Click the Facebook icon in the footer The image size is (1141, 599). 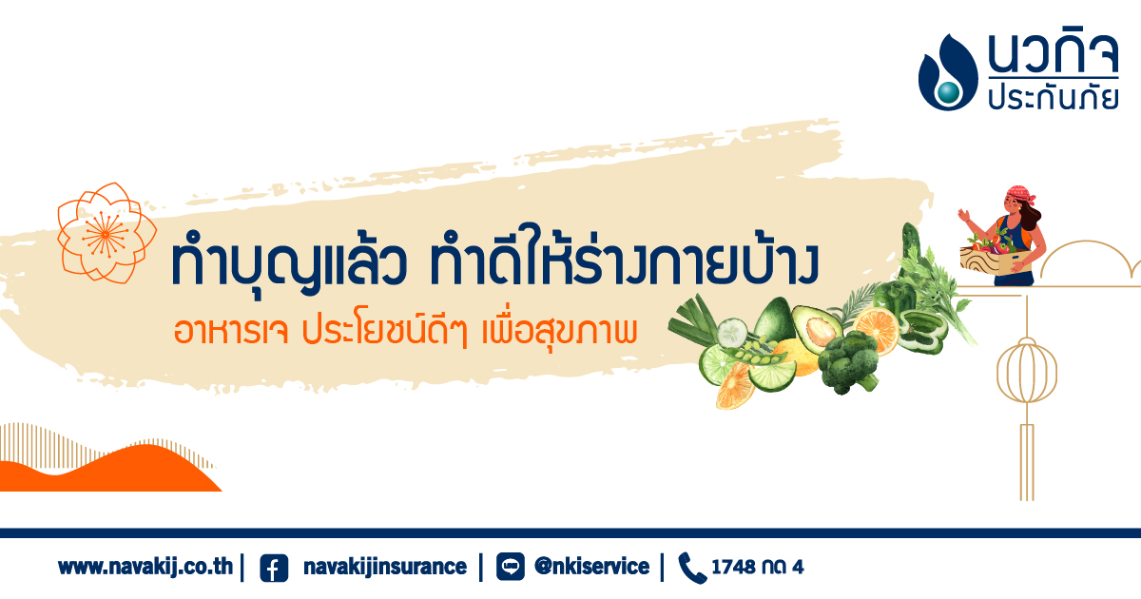[x=274, y=568]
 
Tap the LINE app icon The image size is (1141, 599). [x=510, y=567]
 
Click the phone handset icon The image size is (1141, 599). [x=692, y=568]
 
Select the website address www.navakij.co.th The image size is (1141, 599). [x=145, y=567]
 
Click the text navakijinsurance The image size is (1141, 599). [x=384, y=567]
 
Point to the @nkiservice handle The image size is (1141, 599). [x=591, y=567]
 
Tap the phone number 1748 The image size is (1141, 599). [x=733, y=567]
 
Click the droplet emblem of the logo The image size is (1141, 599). [x=947, y=72]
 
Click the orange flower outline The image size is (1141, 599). [x=106, y=233]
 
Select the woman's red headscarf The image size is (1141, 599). [x=1020, y=194]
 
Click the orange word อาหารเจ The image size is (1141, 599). [x=231, y=331]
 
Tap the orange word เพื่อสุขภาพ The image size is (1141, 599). [x=559, y=331]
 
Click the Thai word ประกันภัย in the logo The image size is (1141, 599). [x=1053, y=97]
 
